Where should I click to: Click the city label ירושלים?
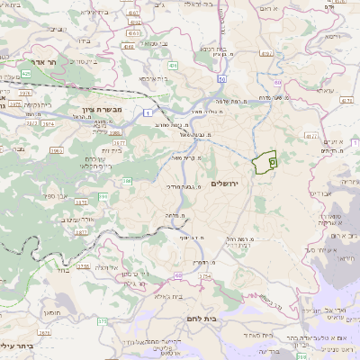point(227,183)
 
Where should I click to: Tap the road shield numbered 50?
point(221,78)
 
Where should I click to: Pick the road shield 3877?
point(81,231)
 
